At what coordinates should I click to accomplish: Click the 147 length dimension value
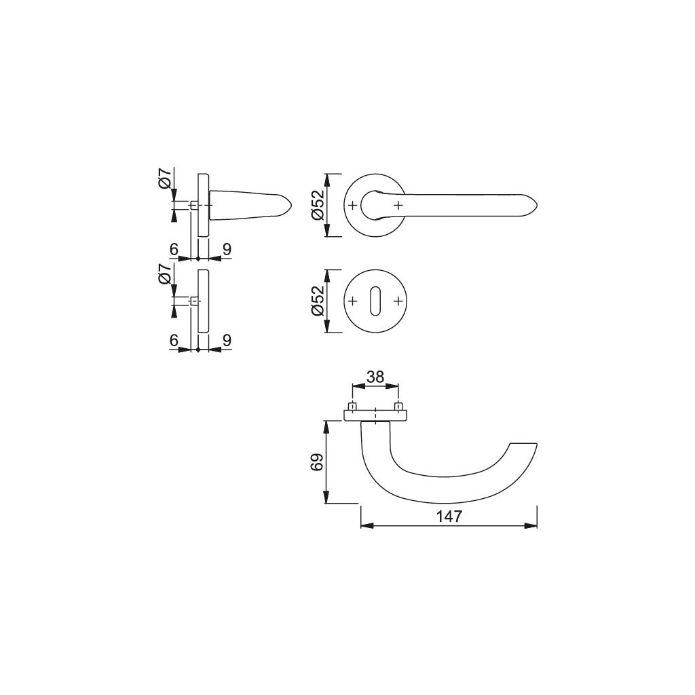(x=449, y=516)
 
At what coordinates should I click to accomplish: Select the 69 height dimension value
(x=315, y=462)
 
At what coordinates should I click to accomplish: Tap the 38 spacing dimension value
(x=375, y=377)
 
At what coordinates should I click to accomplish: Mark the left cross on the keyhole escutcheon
(x=352, y=301)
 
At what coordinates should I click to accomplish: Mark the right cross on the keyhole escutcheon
(x=398, y=301)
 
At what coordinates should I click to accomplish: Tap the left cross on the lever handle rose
(x=352, y=204)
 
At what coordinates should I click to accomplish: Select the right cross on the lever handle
(x=398, y=204)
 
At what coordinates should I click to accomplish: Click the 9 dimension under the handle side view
(x=227, y=250)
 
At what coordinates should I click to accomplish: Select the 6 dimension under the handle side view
(x=174, y=250)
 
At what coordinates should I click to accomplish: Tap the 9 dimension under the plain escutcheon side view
(x=227, y=341)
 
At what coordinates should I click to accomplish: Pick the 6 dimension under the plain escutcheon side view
(x=174, y=341)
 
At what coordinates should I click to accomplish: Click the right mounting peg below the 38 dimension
(x=398, y=407)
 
